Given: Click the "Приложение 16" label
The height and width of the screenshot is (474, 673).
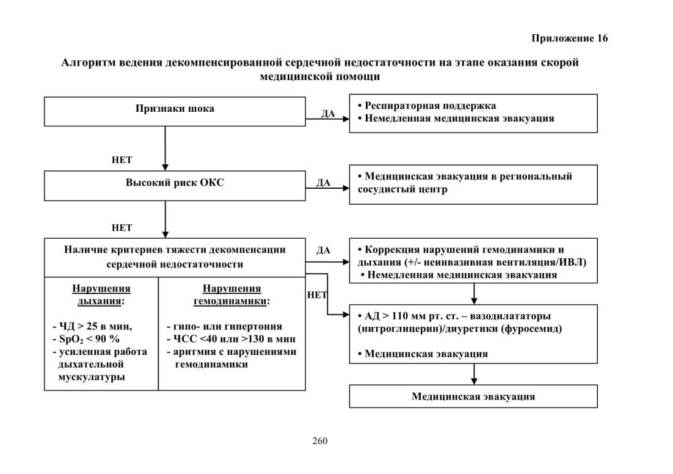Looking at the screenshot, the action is (x=570, y=38).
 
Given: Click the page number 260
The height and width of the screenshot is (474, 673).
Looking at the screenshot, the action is (x=320, y=441).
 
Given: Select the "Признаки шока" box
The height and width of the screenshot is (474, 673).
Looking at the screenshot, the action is (x=175, y=112).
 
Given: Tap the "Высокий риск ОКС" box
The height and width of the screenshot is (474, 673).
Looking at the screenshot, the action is (x=175, y=186).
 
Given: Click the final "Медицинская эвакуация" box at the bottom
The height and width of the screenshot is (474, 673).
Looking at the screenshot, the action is (x=473, y=396).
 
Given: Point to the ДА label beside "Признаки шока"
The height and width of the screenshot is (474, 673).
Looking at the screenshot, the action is (x=329, y=114).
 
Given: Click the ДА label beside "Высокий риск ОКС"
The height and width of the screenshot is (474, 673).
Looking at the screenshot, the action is (x=323, y=183).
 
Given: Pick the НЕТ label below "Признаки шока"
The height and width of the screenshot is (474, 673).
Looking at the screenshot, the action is (x=122, y=159).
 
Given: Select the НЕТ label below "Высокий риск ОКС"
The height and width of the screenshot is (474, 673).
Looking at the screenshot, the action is (x=122, y=228).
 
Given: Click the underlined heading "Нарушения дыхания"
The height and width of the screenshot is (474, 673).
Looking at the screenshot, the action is (x=101, y=294).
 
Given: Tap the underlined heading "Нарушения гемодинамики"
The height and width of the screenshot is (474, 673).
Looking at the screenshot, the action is (x=232, y=294).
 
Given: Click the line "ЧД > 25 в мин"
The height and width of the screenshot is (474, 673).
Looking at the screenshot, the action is (x=93, y=326).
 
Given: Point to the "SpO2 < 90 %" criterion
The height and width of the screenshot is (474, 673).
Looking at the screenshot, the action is (x=86, y=339).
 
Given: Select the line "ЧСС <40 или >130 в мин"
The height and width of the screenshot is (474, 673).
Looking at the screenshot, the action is (x=231, y=339).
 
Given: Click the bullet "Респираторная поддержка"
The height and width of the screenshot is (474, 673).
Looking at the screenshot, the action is (x=427, y=106).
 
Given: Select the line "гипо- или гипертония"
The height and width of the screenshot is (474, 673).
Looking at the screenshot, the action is (x=225, y=326).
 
